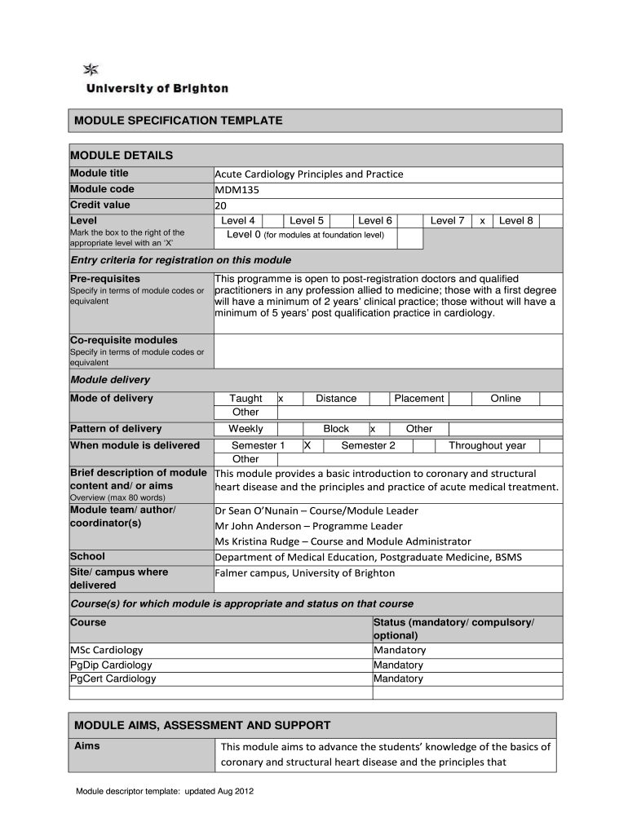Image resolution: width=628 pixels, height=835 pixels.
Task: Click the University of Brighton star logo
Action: click(x=91, y=69)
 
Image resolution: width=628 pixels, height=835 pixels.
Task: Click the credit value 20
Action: click(x=220, y=205)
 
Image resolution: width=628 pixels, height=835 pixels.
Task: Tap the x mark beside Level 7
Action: click(x=483, y=221)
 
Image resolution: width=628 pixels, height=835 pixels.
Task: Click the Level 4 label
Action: click(x=238, y=221)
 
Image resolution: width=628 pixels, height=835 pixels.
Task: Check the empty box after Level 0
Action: click(x=410, y=237)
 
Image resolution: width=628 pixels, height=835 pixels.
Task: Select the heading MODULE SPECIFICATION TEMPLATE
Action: click(x=179, y=121)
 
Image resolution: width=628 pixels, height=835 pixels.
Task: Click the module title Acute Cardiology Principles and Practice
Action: click(x=308, y=174)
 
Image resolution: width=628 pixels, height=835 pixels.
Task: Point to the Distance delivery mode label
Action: click(x=336, y=399)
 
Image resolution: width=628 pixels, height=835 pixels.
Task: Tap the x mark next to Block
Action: click(x=373, y=429)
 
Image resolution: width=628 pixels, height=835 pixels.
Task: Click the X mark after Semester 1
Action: click(x=307, y=446)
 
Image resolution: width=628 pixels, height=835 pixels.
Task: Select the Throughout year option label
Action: click(x=487, y=446)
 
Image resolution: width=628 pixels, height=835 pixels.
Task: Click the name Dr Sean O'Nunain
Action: click(x=260, y=511)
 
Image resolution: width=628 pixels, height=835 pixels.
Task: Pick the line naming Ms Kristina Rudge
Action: click(x=343, y=541)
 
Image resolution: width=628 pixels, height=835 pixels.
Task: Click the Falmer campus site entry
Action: click(x=304, y=573)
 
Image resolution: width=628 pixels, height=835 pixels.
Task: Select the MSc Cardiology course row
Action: click(x=107, y=651)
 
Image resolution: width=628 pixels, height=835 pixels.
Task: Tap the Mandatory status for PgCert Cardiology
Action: click(x=399, y=678)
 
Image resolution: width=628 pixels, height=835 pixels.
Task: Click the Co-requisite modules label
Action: click(x=124, y=340)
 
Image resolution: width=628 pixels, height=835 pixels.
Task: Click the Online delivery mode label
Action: click(x=505, y=399)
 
